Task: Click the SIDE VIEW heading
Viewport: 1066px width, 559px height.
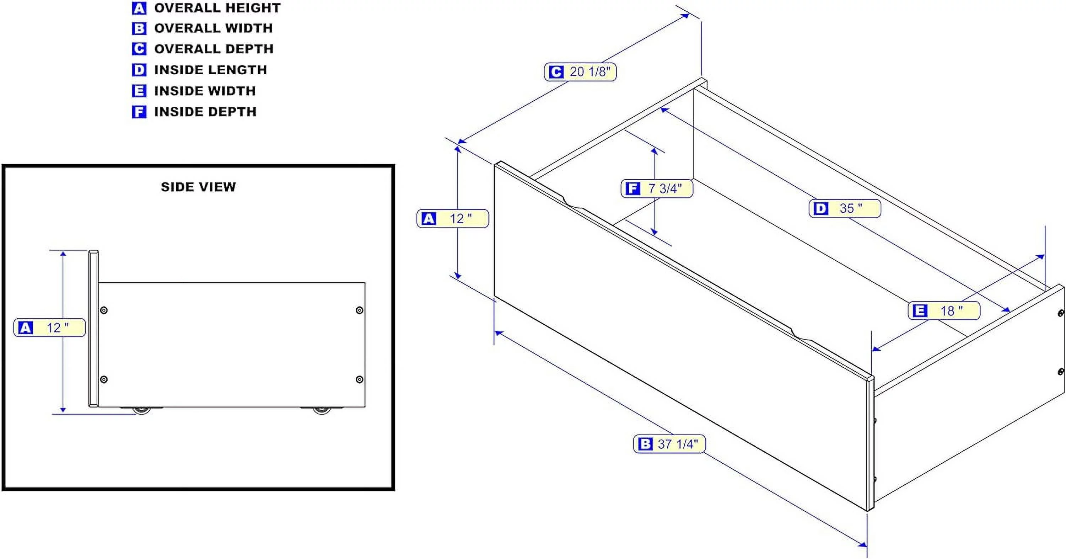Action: tap(198, 187)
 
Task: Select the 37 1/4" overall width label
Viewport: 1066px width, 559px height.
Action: tap(669, 444)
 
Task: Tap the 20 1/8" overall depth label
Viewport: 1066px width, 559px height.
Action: tap(580, 71)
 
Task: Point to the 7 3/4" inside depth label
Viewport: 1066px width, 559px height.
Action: tap(657, 188)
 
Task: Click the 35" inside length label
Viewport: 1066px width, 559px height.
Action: tap(845, 208)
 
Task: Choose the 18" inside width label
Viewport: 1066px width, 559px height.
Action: tap(944, 310)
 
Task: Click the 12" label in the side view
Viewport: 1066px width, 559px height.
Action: tap(50, 328)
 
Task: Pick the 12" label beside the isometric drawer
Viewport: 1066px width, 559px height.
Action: tap(453, 218)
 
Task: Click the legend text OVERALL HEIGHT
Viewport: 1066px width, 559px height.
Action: tap(217, 8)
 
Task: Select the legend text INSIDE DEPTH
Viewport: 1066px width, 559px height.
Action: tap(205, 112)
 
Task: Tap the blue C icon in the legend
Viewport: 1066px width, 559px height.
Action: tap(139, 49)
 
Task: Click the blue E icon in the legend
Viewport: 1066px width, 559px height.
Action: tap(139, 91)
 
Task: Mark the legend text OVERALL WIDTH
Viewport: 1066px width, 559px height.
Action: tap(214, 28)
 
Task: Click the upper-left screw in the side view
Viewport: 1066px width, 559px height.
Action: tap(104, 310)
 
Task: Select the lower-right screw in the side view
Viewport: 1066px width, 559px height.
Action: tap(360, 379)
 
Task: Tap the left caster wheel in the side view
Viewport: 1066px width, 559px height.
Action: tap(141, 410)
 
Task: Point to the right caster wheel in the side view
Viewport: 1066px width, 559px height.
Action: tap(321, 410)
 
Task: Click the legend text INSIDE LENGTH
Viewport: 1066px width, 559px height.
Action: tap(210, 70)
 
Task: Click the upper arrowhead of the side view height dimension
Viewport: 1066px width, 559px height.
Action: tap(63, 254)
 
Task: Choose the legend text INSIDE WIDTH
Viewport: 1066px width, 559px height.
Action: tap(205, 91)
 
